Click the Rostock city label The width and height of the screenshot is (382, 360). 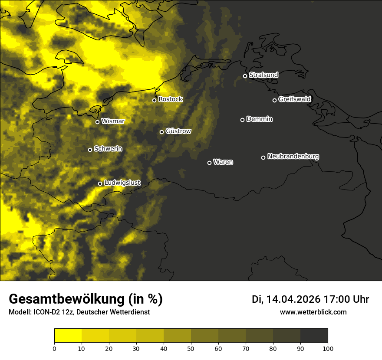tap(171, 99)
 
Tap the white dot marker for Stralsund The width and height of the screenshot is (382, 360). tap(245, 76)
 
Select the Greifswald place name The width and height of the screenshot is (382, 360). tap(294, 99)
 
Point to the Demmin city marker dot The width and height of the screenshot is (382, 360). tap(242, 120)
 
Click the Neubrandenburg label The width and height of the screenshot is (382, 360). tap(293, 157)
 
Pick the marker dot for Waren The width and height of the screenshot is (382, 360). tap(209, 163)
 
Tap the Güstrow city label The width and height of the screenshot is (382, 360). tap(178, 131)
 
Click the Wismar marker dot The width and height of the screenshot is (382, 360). tap(97, 122)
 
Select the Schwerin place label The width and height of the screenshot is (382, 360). tap(108, 149)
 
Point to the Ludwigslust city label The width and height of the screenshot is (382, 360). tap(122, 183)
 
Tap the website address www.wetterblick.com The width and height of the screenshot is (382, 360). tap(313, 312)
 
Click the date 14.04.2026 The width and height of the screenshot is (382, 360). tap(293, 299)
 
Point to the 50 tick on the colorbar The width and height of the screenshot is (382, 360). tap(191, 348)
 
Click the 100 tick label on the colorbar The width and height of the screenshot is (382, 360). tap(328, 348)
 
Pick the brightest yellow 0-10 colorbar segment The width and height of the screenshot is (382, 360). tap(68, 336)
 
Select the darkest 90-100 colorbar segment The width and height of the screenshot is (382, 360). tap(314, 336)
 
